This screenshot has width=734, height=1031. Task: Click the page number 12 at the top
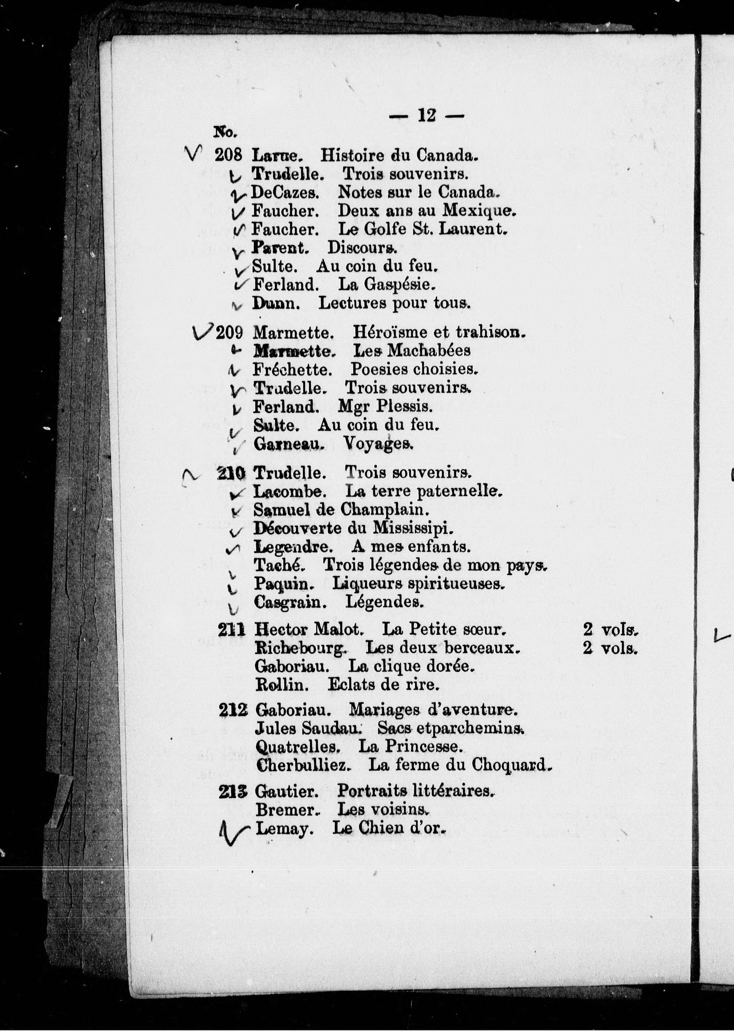(x=427, y=116)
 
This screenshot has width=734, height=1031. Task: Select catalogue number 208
(x=229, y=155)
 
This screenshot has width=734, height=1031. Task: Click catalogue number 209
(x=230, y=333)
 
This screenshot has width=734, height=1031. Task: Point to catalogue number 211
(x=231, y=629)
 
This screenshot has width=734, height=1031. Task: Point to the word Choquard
(x=512, y=765)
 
